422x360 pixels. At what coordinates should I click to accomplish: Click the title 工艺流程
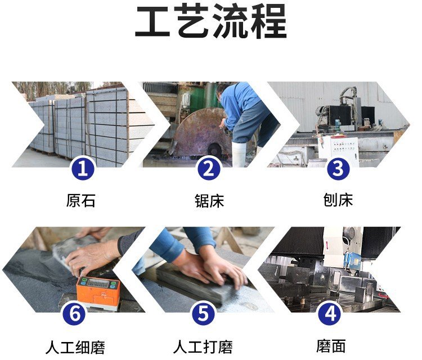point(211,21)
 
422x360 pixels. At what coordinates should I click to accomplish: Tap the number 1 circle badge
point(82,169)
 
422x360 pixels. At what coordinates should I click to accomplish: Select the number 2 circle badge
point(209,169)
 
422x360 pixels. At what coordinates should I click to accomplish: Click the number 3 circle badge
point(338,169)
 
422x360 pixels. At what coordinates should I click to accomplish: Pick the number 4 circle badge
point(330,314)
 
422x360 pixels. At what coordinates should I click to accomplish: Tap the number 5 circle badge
point(204,314)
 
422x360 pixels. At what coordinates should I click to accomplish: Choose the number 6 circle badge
point(74,314)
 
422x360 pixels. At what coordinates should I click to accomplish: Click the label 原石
point(80,200)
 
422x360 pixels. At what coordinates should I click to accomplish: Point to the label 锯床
point(209,200)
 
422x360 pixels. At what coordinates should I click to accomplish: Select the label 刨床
point(338,200)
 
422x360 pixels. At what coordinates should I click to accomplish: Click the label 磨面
point(331,346)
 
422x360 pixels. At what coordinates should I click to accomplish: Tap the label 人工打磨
point(203,347)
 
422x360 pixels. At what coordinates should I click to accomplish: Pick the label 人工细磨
point(75,347)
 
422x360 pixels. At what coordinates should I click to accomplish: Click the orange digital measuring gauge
point(98,292)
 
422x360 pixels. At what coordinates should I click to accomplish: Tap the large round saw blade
point(202,133)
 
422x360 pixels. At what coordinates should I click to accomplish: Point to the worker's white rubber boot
point(239,154)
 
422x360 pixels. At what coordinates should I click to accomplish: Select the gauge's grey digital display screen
point(98,283)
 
